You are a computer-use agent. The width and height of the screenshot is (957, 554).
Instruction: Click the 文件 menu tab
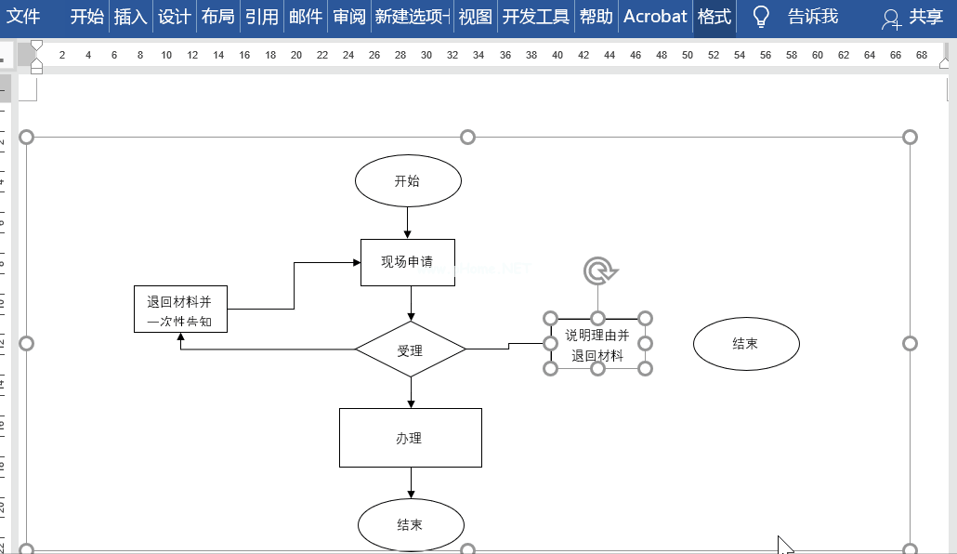(x=24, y=17)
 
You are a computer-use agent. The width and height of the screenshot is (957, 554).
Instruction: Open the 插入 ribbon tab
(x=130, y=17)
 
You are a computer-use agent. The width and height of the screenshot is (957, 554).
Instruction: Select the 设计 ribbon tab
(x=174, y=17)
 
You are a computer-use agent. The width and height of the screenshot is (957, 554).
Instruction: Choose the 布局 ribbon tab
(x=217, y=17)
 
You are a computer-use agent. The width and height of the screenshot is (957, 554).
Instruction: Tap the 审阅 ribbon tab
(x=349, y=17)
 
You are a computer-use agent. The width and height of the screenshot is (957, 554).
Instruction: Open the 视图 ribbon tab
(x=476, y=17)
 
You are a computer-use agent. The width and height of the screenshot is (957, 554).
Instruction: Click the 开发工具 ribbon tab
(x=535, y=17)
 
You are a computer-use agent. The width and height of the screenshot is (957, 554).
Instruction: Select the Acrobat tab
(x=655, y=17)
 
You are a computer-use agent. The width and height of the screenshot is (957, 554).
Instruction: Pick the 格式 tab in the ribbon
(x=714, y=17)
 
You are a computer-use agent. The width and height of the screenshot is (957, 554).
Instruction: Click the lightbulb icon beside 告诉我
(x=761, y=17)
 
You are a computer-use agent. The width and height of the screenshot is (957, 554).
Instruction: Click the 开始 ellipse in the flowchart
(x=408, y=181)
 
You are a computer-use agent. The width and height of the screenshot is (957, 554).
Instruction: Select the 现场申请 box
(x=408, y=262)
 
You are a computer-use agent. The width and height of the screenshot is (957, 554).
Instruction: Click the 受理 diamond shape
(x=410, y=350)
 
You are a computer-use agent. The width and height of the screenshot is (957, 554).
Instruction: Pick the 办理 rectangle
(x=410, y=438)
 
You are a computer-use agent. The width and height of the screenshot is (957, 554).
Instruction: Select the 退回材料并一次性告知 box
(x=180, y=309)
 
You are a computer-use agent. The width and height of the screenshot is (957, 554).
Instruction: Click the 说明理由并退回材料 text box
(x=597, y=345)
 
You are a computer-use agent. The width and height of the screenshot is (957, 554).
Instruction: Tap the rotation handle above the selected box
(x=599, y=271)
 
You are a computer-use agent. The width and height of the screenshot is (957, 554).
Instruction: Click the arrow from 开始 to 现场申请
(x=408, y=222)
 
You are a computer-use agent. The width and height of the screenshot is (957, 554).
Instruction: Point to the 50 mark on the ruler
(x=688, y=56)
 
